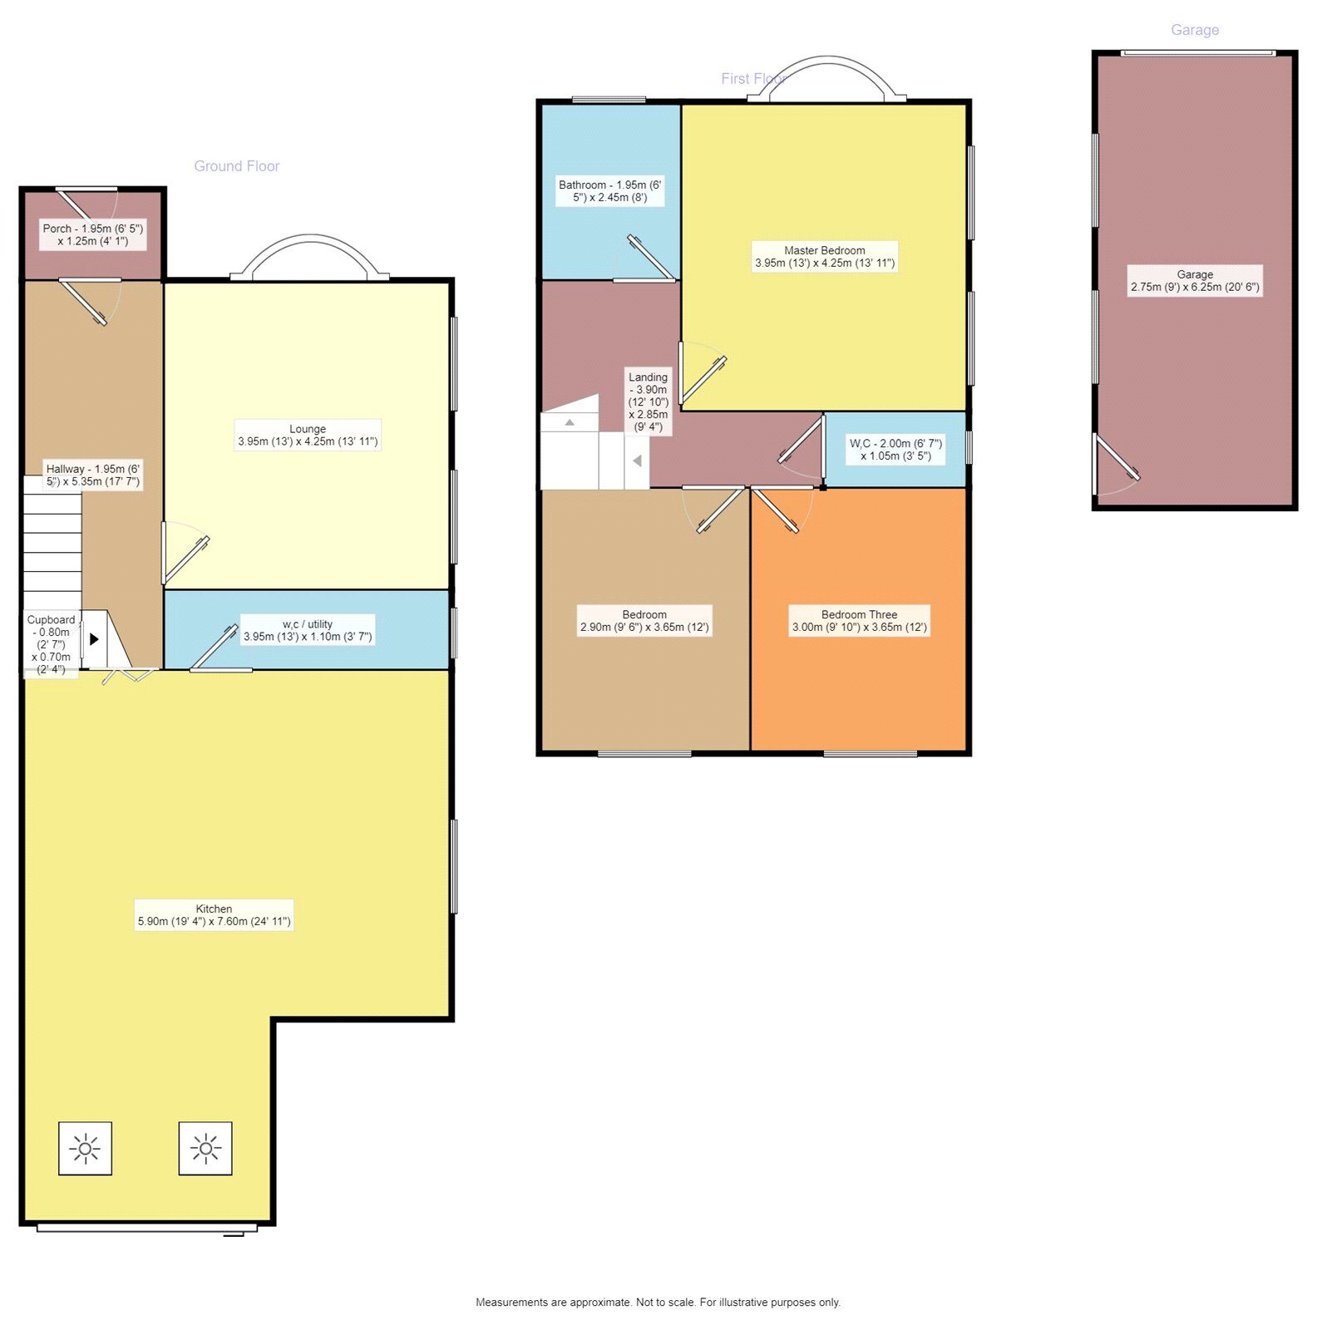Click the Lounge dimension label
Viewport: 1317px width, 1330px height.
(308, 436)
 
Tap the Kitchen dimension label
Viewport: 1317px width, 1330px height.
(214, 915)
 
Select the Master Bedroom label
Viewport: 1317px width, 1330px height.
(824, 257)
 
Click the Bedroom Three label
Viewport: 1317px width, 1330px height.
(859, 621)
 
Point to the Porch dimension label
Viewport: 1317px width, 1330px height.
(93, 234)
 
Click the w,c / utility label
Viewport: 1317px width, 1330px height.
(308, 631)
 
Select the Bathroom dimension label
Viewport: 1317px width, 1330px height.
(609, 191)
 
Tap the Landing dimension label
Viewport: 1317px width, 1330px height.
(648, 402)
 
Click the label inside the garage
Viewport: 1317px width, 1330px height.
(1194, 281)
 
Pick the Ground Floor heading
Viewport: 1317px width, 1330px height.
(236, 166)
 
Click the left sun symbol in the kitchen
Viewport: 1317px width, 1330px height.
(85, 1149)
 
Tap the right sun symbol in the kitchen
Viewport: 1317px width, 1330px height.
(205, 1149)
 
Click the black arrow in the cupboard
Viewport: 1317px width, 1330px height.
(94, 639)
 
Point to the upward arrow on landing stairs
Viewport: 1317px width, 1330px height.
(570, 422)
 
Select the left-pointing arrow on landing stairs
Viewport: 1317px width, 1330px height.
(637, 461)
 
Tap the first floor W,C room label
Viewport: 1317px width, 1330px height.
(895, 450)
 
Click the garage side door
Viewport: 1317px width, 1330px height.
(1116, 462)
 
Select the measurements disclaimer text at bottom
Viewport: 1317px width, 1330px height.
(658, 1303)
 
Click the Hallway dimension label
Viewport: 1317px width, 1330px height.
(93, 475)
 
